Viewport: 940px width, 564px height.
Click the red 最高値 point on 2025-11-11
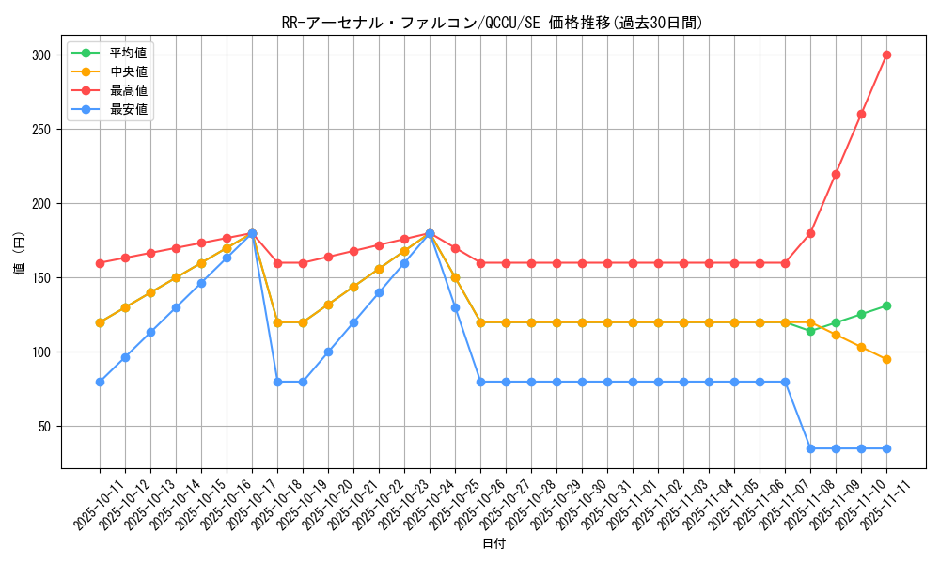(886, 55)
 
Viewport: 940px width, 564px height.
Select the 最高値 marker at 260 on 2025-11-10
(861, 114)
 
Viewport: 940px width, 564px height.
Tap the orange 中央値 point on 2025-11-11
(886, 359)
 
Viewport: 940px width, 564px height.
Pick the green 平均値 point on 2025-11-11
(886, 305)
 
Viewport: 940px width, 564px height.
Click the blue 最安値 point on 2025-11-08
(810, 448)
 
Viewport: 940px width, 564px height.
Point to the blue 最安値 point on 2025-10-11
(100, 382)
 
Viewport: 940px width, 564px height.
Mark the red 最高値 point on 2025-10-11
(100, 263)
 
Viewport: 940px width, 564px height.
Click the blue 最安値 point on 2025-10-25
(455, 307)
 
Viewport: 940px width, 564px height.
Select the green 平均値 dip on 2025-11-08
(810, 331)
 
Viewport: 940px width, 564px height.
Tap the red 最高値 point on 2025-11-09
(836, 174)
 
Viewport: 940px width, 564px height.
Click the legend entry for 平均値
(128, 53)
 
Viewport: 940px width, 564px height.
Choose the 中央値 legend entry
(128, 71)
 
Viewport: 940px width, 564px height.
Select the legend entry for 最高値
(128, 90)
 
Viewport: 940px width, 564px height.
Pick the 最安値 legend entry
(128, 110)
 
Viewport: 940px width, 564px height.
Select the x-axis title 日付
(493, 544)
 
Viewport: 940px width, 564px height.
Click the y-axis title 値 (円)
(20, 254)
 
